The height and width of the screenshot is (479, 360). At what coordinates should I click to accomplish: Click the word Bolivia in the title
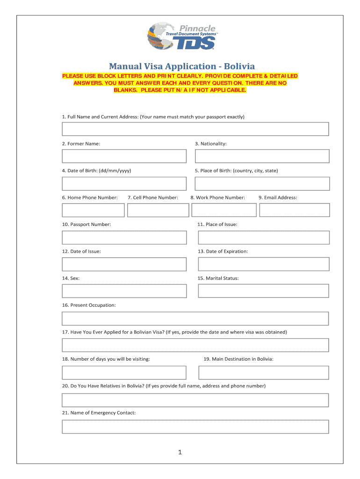click(239, 66)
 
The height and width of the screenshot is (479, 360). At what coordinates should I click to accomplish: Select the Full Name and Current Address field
click(195, 129)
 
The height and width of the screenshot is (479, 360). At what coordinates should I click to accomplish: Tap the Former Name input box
click(124, 156)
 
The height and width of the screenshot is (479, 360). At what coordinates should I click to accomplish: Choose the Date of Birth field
click(124, 183)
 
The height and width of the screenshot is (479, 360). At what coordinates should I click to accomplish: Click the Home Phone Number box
click(93, 210)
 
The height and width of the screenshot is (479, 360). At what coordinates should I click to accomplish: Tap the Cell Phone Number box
click(158, 210)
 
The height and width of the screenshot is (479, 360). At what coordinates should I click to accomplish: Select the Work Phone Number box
click(224, 210)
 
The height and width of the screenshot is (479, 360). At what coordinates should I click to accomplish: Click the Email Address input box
click(295, 210)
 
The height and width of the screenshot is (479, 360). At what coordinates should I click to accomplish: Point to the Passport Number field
click(124, 238)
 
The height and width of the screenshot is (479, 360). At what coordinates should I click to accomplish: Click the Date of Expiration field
click(264, 264)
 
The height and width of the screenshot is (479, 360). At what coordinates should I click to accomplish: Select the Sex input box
click(124, 291)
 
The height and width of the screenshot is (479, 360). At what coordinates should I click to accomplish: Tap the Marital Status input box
click(264, 291)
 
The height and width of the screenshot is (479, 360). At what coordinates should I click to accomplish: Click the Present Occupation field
click(195, 319)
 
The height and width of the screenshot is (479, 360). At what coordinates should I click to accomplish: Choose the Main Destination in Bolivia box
click(264, 373)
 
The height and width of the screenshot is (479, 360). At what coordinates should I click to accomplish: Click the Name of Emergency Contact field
click(195, 427)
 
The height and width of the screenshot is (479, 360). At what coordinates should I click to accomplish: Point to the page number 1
click(180, 452)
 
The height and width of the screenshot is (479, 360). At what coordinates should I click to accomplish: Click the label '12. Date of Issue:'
click(81, 251)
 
